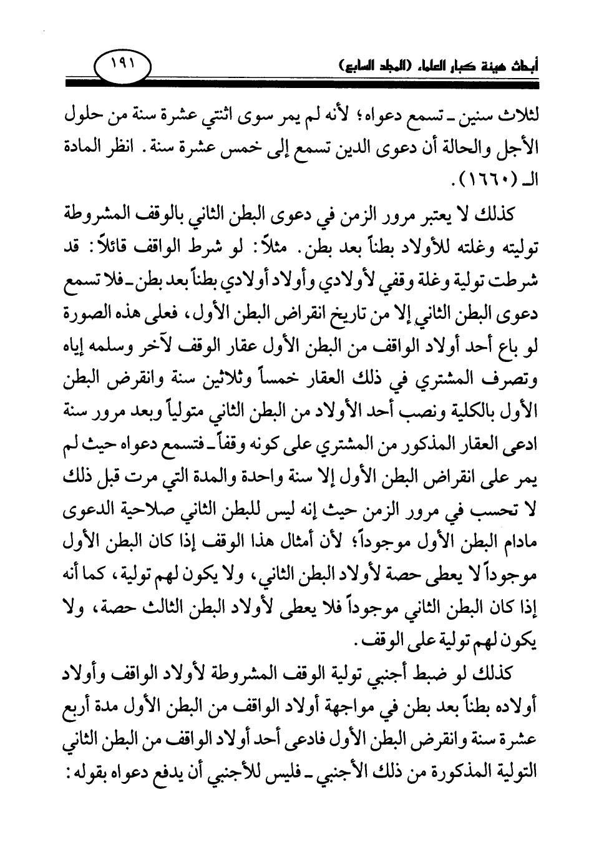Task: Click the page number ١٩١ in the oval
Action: pos(121,64)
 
